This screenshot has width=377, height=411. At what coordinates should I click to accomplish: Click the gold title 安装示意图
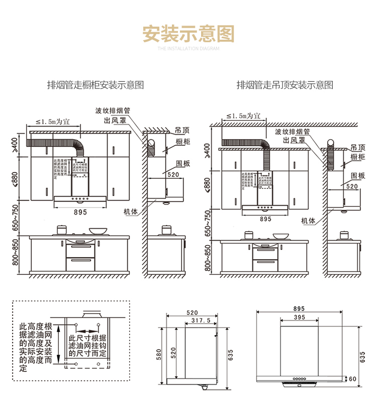click(189, 34)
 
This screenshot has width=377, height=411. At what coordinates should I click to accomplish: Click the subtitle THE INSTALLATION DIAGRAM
click(189, 49)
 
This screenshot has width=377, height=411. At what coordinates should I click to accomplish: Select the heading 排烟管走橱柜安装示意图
click(95, 85)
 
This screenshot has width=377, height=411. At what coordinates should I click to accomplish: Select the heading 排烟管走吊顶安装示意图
click(285, 85)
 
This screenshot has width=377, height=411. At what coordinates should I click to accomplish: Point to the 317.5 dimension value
click(201, 320)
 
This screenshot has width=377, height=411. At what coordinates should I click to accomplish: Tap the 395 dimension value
click(300, 318)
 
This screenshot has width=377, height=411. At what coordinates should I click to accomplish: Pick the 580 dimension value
click(159, 354)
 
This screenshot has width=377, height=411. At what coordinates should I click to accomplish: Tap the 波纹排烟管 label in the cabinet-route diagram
click(113, 111)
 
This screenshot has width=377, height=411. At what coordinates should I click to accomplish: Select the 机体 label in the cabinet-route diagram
click(131, 212)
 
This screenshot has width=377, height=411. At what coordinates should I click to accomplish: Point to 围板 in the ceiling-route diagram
click(358, 175)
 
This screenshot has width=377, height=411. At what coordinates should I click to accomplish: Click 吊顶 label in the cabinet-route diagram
click(182, 130)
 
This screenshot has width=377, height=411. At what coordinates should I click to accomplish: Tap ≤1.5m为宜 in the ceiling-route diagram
click(243, 116)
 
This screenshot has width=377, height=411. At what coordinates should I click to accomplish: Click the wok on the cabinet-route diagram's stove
click(98, 231)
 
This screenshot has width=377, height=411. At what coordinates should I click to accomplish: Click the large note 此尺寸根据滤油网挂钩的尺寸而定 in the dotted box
click(88, 346)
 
